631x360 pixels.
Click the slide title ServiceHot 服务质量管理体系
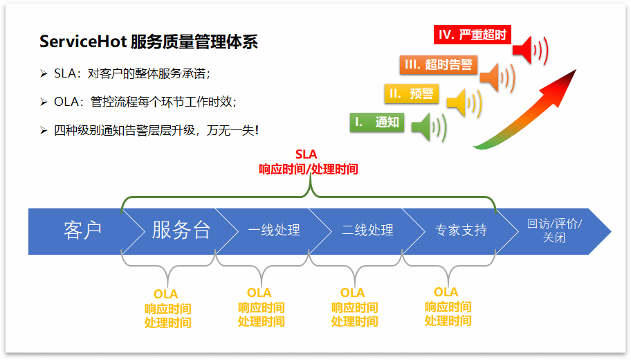149,42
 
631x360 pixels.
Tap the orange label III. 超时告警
438,64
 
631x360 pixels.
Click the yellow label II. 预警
411,93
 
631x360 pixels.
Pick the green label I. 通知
376,123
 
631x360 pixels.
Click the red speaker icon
533,48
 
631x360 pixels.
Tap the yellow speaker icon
461,103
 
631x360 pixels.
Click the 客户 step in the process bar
82,231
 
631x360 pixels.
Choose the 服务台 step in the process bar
181,231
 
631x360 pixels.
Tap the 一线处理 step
274,231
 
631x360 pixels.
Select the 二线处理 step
367,231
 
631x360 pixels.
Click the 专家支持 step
461,231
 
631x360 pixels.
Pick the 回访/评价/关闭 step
554,231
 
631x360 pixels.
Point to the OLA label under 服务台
167,294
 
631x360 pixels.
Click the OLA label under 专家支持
447,293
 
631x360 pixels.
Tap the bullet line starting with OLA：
145,102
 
